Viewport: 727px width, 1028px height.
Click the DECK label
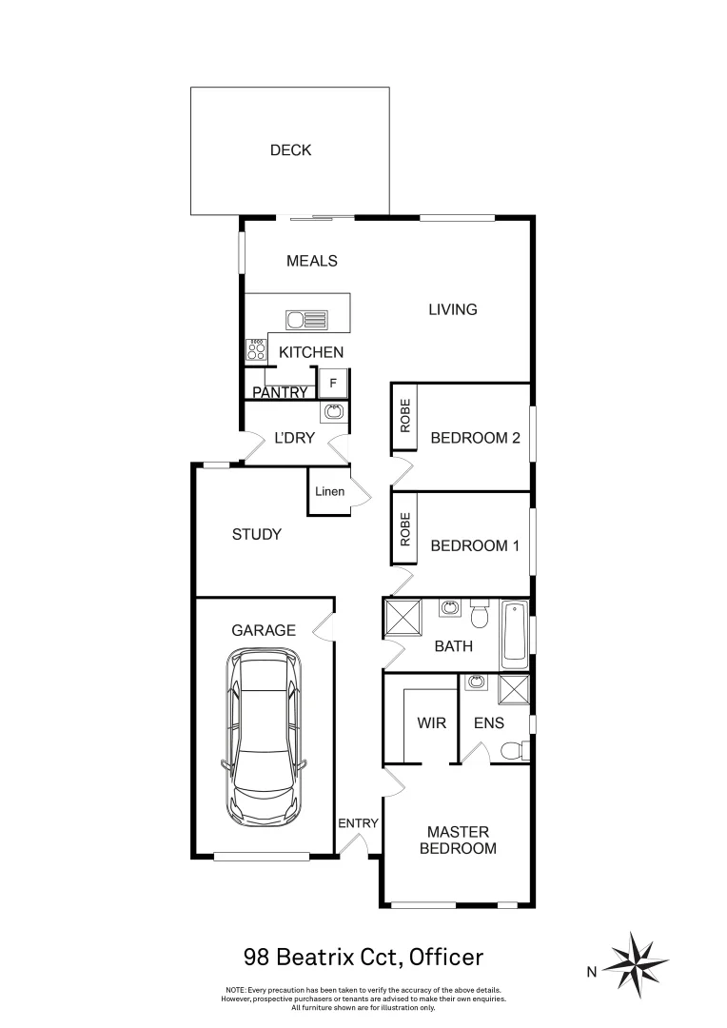(x=290, y=150)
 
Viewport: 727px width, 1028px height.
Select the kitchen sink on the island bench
(x=307, y=319)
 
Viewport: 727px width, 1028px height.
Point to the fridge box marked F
(x=332, y=383)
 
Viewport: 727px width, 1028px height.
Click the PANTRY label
(x=281, y=392)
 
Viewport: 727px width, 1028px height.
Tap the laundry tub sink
(x=333, y=412)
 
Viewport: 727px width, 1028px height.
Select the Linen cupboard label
(x=330, y=492)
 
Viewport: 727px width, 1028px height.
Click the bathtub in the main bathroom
(x=515, y=633)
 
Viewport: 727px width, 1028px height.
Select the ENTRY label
(x=359, y=823)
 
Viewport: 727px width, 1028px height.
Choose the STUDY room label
(x=257, y=534)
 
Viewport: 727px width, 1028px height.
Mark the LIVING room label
(x=452, y=309)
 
